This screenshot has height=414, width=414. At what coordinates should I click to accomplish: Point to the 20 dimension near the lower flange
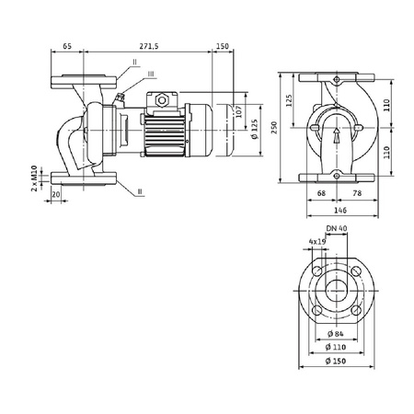point(57,195)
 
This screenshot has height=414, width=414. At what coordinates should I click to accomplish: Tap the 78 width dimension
point(356,194)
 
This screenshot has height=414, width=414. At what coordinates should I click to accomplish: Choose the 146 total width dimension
point(338,211)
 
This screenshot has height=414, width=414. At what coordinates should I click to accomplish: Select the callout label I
point(133,62)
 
